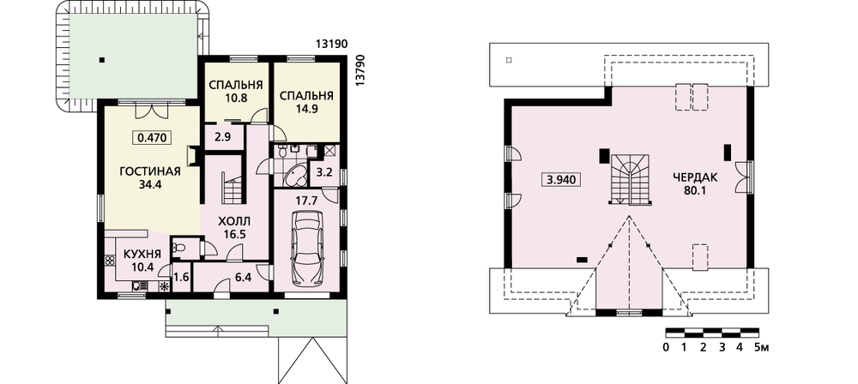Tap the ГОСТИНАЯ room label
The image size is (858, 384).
click(x=150, y=172)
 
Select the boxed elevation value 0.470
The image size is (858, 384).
click(x=152, y=138)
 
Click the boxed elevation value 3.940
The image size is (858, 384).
click(x=560, y=179)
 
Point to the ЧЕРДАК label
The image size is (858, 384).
click(x=695, y=177)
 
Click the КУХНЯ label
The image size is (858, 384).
click(x=142, y=255)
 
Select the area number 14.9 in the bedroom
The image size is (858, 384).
click(x=306, y=108)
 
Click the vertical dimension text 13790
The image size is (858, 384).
click(x=360, y=70)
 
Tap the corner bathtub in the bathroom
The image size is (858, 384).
click(x=294, y=176)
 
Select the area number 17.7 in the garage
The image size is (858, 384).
click(x=306, y=201)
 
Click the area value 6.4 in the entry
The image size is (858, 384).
click(x=243, y=278)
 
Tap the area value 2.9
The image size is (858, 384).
click(x=222, y=137)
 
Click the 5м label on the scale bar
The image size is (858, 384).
click(x=762, y=347)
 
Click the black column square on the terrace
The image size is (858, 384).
click(x=101, y=60)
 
